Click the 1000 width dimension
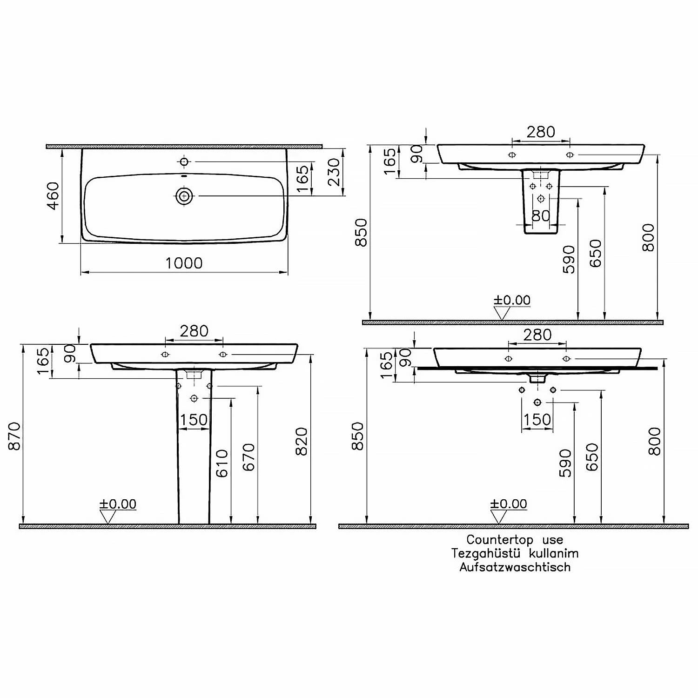click(x=184, y=263)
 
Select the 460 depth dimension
click(x=54, y=195)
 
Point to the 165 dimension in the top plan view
click(x=302, y=178)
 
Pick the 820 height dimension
click(x=302, y=441)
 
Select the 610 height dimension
click(x=222, y=463)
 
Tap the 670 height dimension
click(x=249, y=457)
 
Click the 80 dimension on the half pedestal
click(x=540, y=216)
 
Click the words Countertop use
click(x=515, y=540)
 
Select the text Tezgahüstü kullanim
click(x=515, y=553)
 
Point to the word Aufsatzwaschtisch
click(x=515, y=567)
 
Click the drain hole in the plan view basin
click(x=185, y=196)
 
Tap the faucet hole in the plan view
click(x=184, y=161)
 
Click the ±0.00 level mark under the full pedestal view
click(x=118, y=504)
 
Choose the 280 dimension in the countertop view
click(x=537, y=335)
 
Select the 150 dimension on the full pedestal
click(x=194, y=420)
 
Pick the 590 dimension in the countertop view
click(x=565, y=463)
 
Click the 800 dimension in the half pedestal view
click(x=648, y=237)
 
